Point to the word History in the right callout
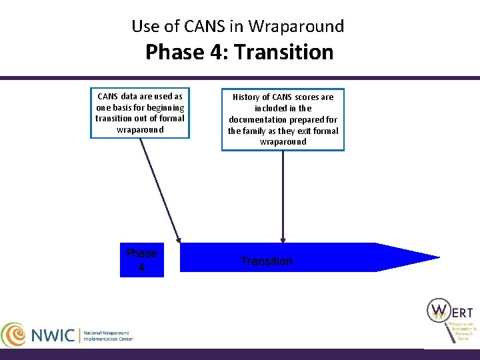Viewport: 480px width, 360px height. click(x=247, y=97)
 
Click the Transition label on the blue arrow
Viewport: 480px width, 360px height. click(x=266, y=261)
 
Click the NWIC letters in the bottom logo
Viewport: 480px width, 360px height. click(x=53, y=335)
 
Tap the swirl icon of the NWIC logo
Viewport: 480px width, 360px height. click(x=13, y=335)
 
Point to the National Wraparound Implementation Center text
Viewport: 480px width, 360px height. click(x=108, y=335)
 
